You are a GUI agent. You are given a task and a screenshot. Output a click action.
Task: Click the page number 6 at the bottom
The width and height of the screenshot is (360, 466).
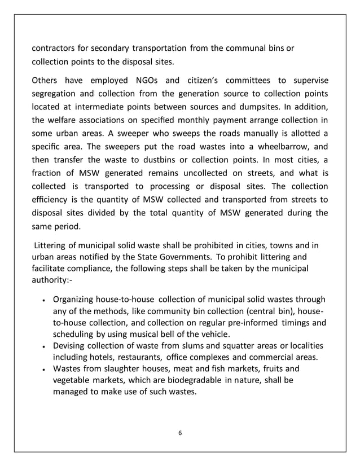tap(180, 433)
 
